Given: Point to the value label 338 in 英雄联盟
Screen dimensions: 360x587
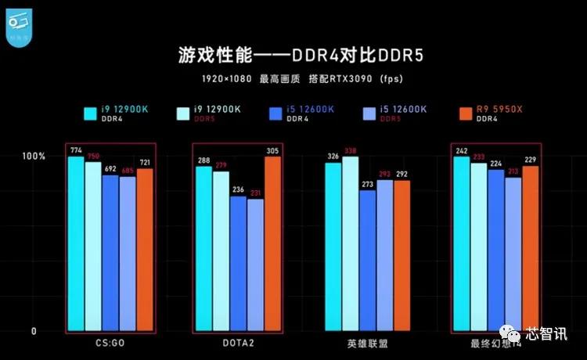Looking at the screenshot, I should click(350, 151).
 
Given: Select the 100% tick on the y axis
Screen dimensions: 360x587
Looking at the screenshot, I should click(36, 157).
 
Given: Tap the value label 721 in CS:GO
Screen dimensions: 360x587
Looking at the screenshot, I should click(145, 162).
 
